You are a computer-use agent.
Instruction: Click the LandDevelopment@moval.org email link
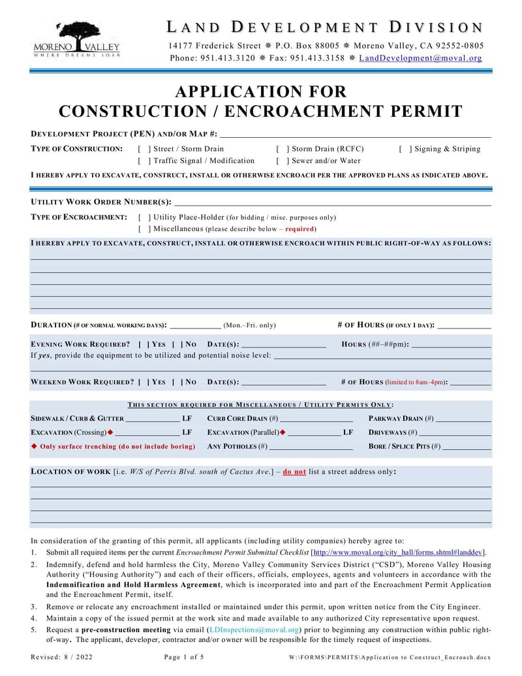420,58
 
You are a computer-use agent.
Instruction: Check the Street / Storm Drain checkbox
144,149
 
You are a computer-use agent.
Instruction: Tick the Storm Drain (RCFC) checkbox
283,149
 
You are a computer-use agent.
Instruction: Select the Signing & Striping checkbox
405,149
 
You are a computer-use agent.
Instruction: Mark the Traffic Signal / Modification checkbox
144,161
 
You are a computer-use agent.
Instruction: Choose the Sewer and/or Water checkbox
283,161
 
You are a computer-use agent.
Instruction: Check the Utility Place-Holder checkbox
144,217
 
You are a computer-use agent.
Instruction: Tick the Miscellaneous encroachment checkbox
144,229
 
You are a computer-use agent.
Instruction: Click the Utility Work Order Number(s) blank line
333,202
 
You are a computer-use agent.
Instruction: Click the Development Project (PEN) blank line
356,134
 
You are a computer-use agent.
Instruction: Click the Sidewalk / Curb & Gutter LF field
152,419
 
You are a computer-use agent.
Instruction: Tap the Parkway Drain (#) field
463,419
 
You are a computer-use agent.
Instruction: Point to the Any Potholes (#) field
311,447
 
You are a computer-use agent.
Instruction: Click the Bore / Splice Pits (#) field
467,447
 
